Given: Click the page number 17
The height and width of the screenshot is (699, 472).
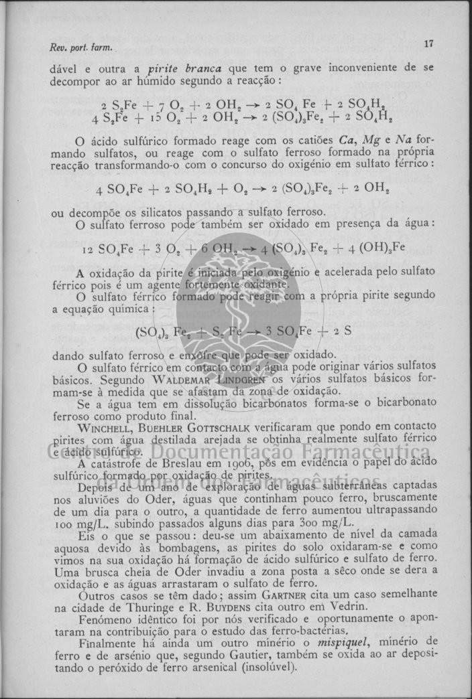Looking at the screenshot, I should pyautogui.click(x=429, y=44).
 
